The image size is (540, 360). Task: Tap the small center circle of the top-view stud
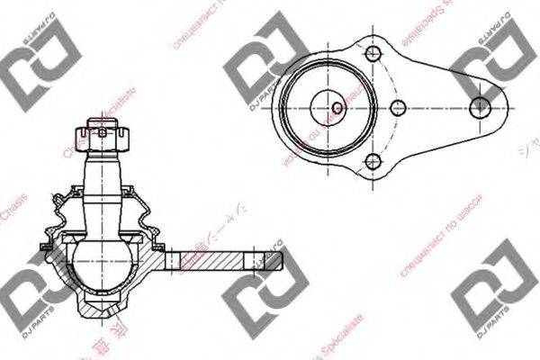click(337, 108)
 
